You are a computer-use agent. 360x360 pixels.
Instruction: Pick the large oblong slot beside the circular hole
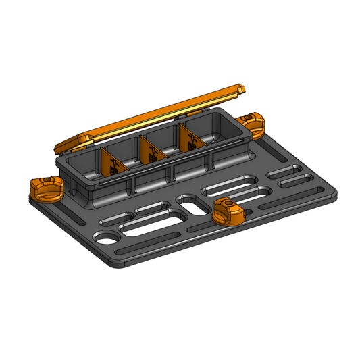tap(154, 222)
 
